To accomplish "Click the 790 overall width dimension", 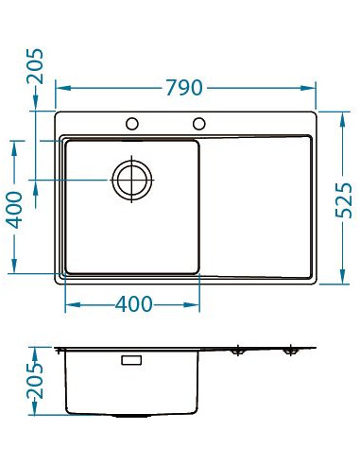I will pos(184,88).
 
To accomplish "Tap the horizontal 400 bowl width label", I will pos(132,304).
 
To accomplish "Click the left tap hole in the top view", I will pos(132,123).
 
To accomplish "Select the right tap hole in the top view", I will pos(199,123).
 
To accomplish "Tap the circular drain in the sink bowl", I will pos(131,178).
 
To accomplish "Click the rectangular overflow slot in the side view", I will pos(131,359).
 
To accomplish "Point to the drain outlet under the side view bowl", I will pos(131,416).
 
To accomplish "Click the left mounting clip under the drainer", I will pos(236,350).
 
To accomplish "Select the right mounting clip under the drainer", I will pos(289,350).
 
